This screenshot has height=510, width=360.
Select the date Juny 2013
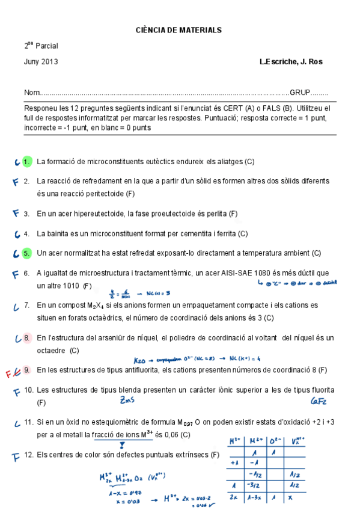pyautogui.click(x=41, y=61)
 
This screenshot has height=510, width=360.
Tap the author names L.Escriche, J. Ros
pyautogui.click(x=291, y=61)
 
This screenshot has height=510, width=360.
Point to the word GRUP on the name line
pyautogui.click(x=299, y=93)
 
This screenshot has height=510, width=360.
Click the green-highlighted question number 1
pyautogui.click(x=26, y=162)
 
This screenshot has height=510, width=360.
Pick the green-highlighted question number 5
pyautogui.click(x=26, y=253)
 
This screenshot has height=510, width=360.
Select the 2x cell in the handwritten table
pyautogui.click(x=234, y=497)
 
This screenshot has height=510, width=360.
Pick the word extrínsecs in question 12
pyautogui.click(x=191, y=455)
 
